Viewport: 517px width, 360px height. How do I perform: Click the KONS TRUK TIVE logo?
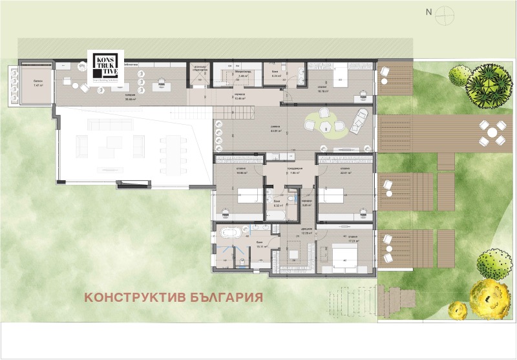tap(105, 67)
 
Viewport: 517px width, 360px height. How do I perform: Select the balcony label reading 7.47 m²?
tap(36, 85)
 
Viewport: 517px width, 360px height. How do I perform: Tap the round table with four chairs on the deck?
tap(492, 133)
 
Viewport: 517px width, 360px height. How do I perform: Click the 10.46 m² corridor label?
tap(240, 98)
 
